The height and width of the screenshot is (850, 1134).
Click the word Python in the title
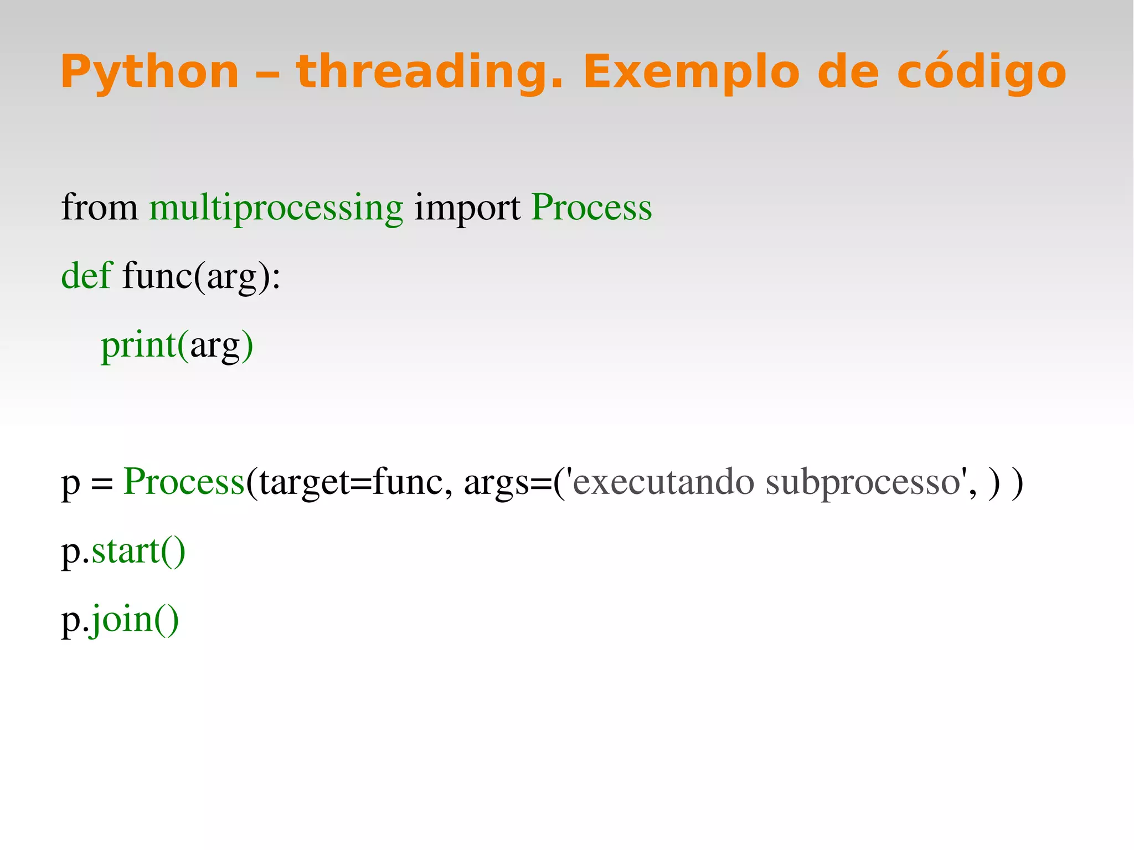[x=150, y=72]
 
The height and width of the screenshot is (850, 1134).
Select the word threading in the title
[x=429, y=72]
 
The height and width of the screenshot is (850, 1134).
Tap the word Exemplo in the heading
[x=692, y=72]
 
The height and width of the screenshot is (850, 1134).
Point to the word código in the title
[x=981, y=72]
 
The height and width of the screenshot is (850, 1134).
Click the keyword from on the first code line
[x=100, y=208]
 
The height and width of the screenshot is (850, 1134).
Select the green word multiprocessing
[x=276, y=208]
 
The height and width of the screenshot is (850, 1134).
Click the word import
[x=467, y=208]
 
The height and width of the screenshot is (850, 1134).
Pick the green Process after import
[x=591, y=208]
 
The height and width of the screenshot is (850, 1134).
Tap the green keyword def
[x=86, y=276]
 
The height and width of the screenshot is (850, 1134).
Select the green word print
[x=138, y=344]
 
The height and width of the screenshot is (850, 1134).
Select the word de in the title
[x=848, y=72]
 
